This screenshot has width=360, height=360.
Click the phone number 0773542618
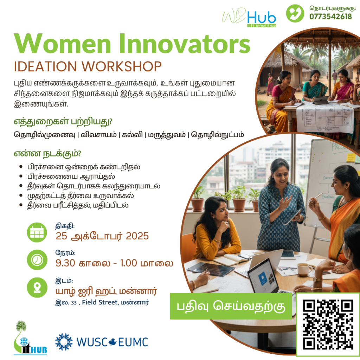330,17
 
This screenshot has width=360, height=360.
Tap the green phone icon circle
295,13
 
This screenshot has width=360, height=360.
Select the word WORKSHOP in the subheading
121,66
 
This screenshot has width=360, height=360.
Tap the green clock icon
37,260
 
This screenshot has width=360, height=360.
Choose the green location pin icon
37,287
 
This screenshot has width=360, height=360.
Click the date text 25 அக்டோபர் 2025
102,236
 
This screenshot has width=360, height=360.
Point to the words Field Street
99,302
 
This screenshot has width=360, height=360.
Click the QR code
328,324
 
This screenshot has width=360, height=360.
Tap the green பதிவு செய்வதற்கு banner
231,306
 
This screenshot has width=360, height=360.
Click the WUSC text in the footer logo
92,342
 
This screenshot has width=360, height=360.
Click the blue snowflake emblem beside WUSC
64,342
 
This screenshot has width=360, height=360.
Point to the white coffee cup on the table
304,269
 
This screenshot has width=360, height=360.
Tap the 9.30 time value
65,263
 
